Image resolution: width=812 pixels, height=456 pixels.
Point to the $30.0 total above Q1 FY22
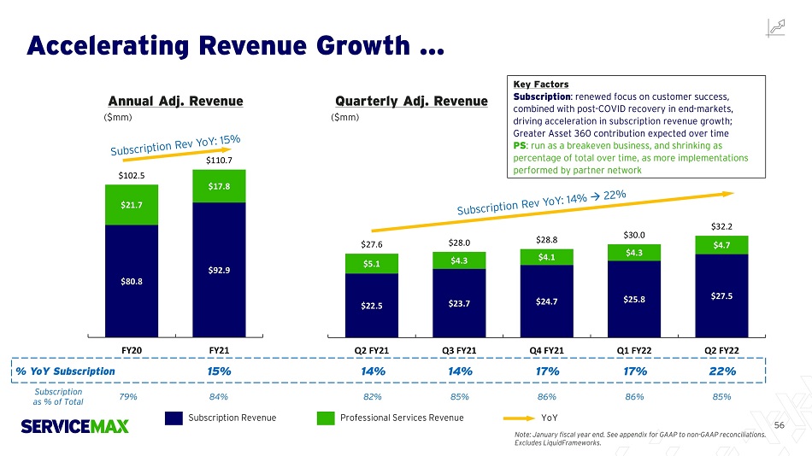634,234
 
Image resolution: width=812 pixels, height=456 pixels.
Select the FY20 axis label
132,350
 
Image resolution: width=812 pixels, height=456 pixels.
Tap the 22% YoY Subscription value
722,371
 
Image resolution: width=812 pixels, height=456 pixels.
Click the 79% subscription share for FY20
131,396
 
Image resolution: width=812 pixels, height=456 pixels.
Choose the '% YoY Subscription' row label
65,371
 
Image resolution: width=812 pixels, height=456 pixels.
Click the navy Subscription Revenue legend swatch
174,418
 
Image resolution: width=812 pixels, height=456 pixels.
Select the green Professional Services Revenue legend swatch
326,418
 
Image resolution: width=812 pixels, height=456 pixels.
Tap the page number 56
779,424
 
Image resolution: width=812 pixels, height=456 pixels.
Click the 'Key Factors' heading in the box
540,85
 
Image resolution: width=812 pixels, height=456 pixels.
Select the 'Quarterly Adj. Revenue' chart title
400,102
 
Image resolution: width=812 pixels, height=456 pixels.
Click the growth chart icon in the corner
778,27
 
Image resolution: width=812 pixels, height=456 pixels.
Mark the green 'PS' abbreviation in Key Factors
519,146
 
